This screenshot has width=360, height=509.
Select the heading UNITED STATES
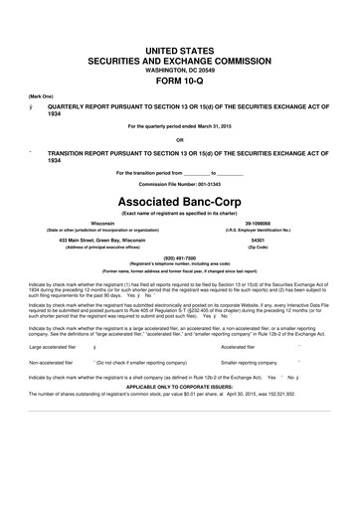pos(180,49)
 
